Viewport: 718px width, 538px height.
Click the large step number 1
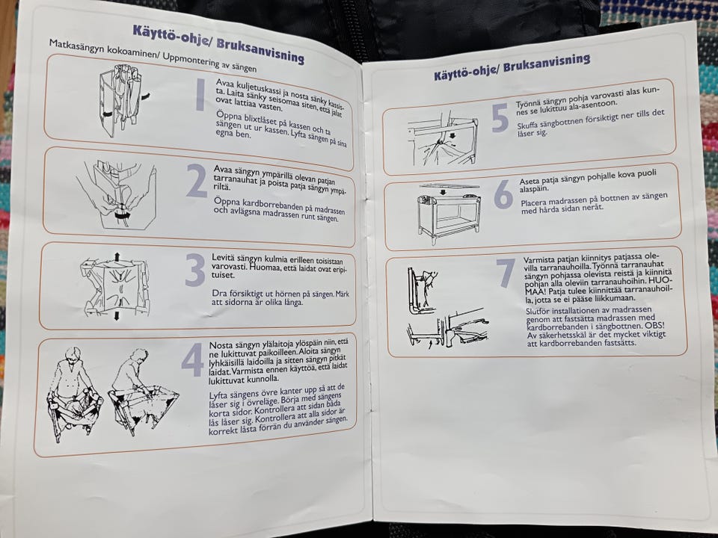[x=200, y=95]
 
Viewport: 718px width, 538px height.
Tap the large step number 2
[x=197, y=181]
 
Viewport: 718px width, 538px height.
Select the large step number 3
[x=195, y=270]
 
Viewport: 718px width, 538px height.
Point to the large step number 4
[x=193, y=359]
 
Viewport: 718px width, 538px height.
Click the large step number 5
[x=500, y=117]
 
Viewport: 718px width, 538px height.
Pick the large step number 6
[x=503, y=194]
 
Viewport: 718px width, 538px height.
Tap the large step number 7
[x=506, y=273]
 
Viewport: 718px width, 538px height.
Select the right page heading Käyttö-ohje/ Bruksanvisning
[x=512, y=67]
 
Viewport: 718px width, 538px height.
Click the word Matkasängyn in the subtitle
[x=76, y=46]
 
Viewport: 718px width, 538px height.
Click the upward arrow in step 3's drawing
[x=117, y=256]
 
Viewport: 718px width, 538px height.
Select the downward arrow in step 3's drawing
[x=117, y=315]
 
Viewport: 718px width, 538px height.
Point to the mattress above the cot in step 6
[x=449, y=186]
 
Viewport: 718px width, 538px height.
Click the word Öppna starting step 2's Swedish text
[x=227, y=201]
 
